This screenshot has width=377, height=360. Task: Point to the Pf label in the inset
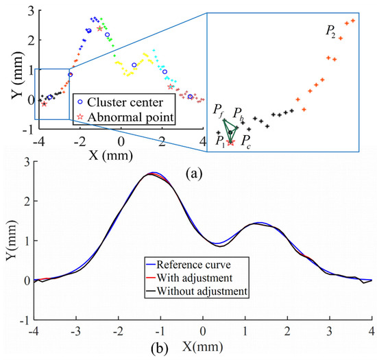coord(218,109)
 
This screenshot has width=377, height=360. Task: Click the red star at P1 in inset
coord(230,143)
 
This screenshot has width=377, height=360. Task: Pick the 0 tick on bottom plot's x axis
coord(202,331)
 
